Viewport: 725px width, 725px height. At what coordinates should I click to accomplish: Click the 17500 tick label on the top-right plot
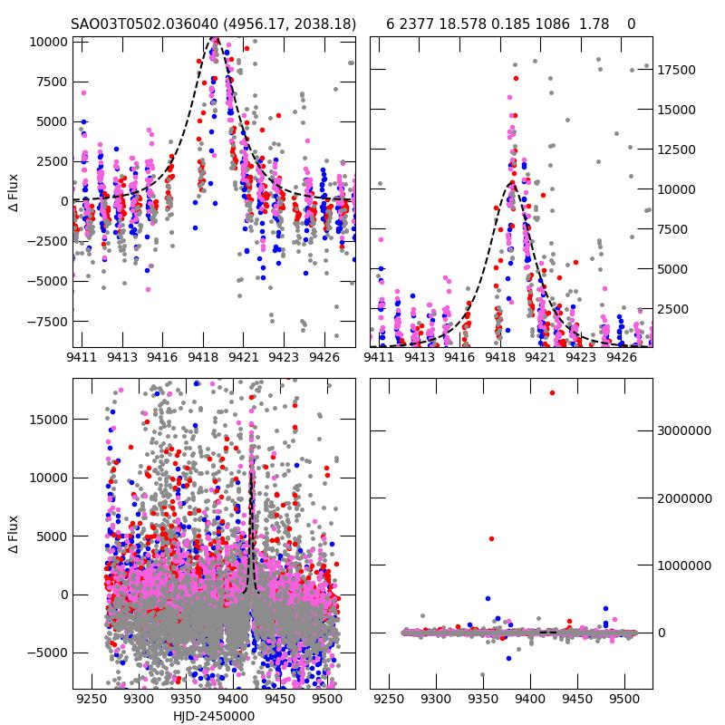(x=675, y=70)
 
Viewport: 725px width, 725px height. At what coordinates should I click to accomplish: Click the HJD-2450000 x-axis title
(x=214, y=716)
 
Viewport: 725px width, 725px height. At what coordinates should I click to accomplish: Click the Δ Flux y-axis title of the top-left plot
(x=14, y=194)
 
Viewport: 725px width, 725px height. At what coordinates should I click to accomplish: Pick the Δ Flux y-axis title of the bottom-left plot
(x=14, y=536)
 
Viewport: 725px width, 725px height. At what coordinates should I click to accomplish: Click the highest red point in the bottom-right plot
(x=552, y=392)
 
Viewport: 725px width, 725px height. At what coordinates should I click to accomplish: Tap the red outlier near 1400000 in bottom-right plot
(x=491, y=538)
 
